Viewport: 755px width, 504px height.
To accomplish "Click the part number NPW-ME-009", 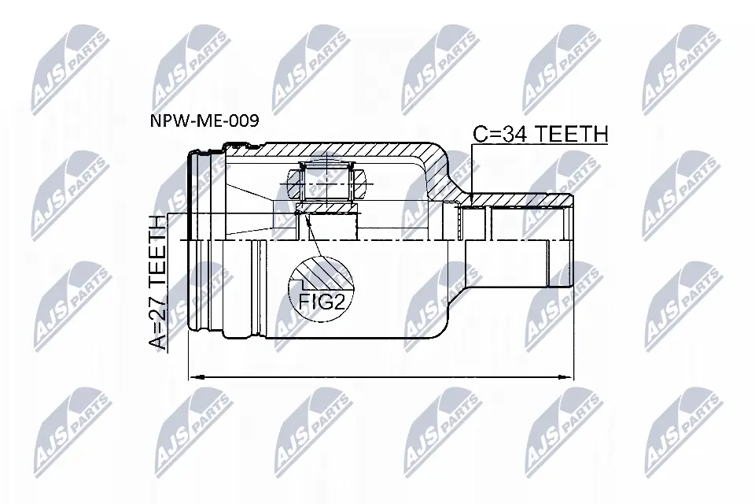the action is click(x=204, y=120).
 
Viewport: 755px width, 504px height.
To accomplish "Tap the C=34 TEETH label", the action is click(x=540, y=134).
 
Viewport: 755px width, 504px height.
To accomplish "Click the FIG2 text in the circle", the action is click(x=321, y=302).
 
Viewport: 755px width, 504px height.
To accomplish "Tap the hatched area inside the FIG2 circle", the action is click(x=327, y=275).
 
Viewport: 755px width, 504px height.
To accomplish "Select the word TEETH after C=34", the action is click(x=572, y=134).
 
